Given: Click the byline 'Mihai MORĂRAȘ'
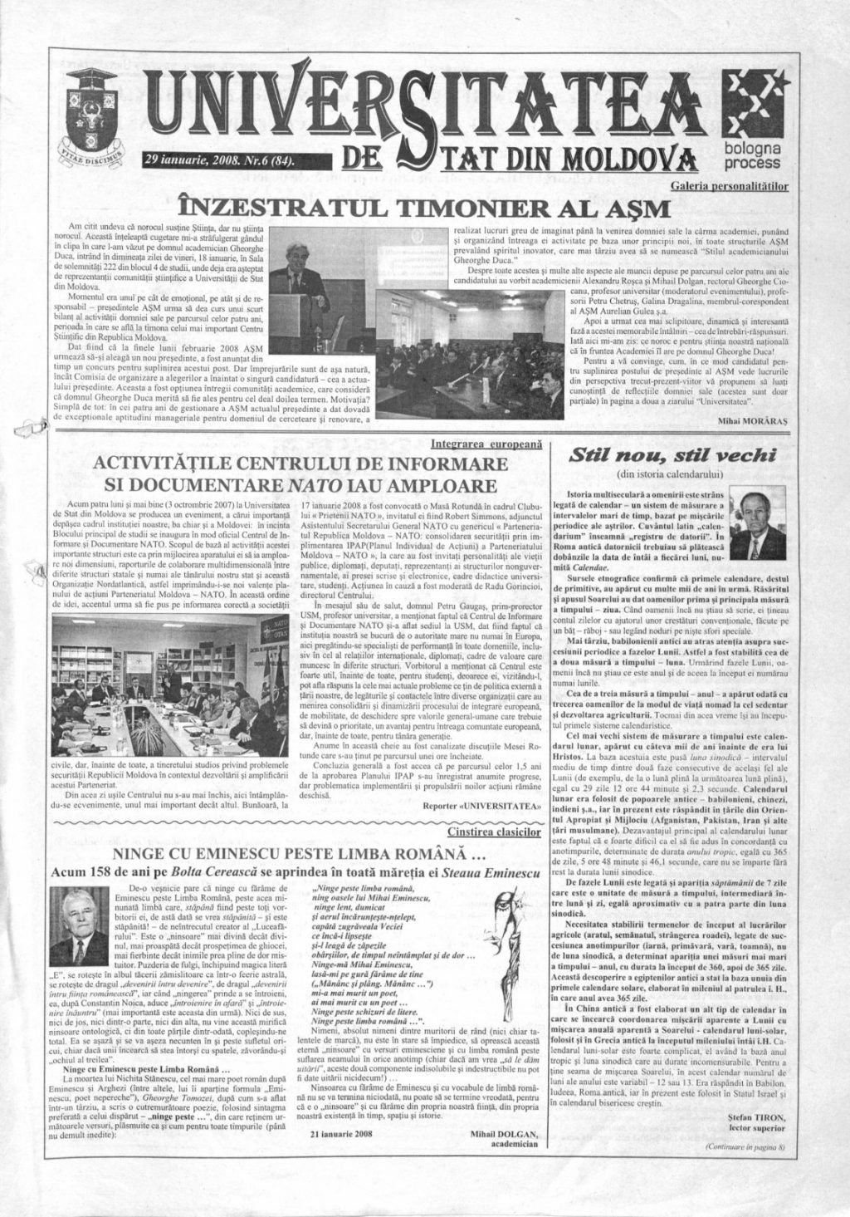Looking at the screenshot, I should click(x=755, y=422).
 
